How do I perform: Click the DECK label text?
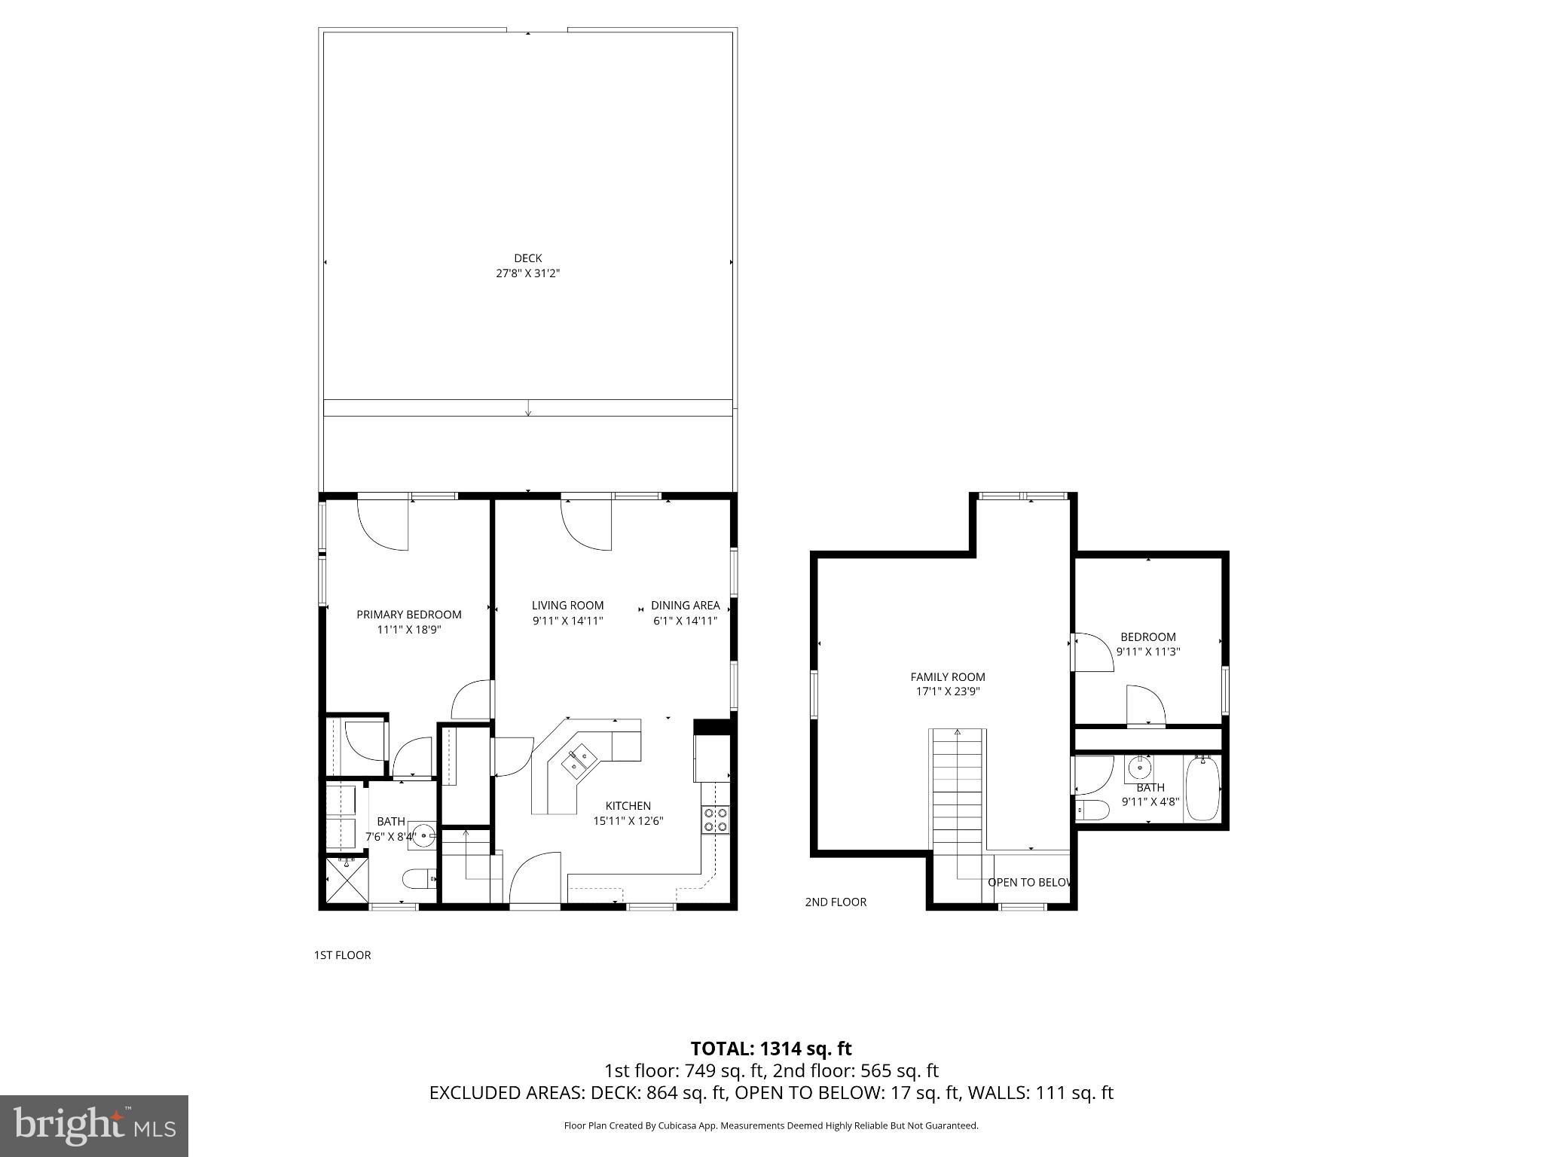coord(527,258)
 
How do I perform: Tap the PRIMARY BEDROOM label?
coord(408,615)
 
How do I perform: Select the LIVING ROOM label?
coord(567,606)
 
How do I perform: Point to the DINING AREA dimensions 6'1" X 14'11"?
coord(684,621)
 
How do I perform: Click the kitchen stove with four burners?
coord(715,820)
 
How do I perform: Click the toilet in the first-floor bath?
coord(419,878)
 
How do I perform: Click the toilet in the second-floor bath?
coord(1092,811)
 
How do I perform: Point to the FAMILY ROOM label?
coord(947,677)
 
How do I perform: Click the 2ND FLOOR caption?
coord(836,902)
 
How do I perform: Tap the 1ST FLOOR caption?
coord(342,955)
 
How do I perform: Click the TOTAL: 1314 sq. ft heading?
coord(771,1049)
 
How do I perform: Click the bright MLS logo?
coord(94,1125)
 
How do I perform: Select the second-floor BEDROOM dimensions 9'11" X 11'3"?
coord(1147,652)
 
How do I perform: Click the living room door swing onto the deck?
coord(586,526)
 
